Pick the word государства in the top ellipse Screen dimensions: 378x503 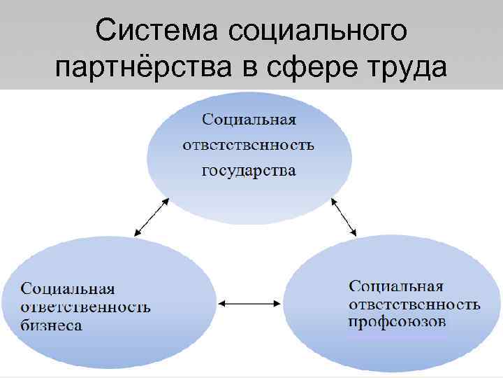249,171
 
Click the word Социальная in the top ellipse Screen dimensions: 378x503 249,120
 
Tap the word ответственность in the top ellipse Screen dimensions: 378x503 249,146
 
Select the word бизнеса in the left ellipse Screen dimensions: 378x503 51,325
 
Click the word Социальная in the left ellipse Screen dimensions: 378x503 68,289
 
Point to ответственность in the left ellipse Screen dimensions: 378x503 85,307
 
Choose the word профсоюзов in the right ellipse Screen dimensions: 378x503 397,322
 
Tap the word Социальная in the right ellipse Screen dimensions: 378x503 396,286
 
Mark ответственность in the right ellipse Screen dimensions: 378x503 414,304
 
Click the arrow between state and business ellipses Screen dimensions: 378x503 151,217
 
